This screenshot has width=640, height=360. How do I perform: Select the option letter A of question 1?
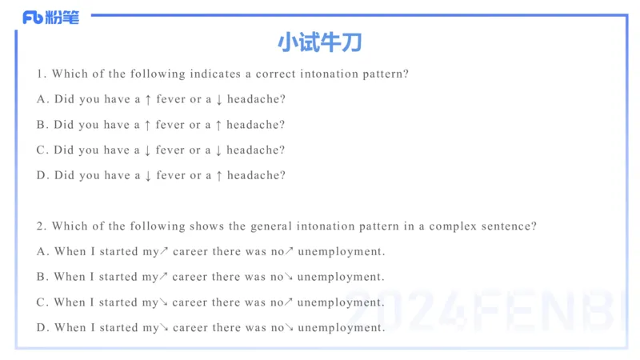42,99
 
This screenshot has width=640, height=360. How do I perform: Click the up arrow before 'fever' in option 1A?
147,99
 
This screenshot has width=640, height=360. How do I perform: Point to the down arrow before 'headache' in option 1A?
218,99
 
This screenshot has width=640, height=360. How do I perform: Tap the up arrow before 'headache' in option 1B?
218,125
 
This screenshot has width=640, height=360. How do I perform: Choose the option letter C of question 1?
42,150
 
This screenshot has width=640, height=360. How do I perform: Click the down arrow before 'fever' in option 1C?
147,150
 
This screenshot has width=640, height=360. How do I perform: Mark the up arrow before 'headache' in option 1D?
218,175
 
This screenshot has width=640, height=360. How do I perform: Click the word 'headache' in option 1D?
255,175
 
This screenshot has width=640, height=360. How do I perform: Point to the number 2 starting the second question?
40,226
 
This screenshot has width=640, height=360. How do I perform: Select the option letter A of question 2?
42,251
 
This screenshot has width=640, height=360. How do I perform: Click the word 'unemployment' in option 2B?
341,277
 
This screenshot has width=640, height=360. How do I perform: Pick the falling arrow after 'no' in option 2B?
290,277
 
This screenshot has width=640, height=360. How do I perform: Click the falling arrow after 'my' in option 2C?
164,302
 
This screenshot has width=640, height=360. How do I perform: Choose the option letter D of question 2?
42,327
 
